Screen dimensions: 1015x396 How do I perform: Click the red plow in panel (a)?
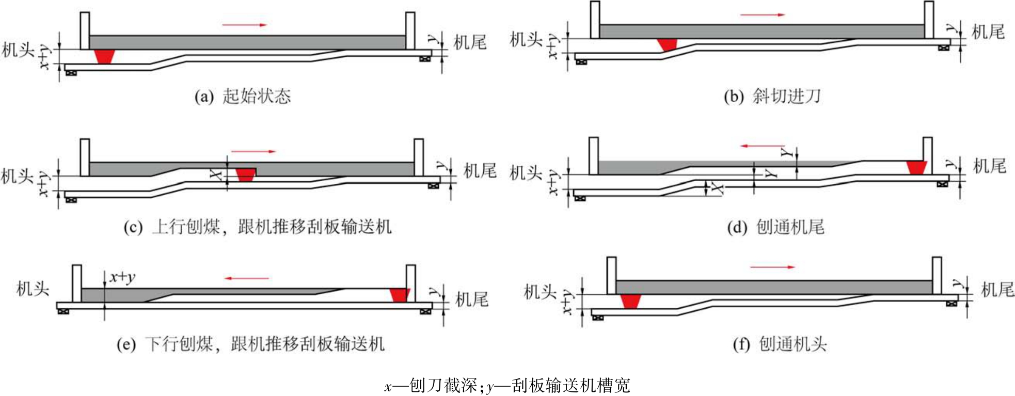click(105, 57)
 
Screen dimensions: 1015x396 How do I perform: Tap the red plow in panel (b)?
click(667, 45)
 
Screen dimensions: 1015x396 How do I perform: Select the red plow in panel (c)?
click(245, 174)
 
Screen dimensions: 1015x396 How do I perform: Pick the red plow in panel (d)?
click(917, 168)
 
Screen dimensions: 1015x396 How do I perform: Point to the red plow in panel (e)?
click(400, 295)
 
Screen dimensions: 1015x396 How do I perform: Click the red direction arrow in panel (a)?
click(245, 24)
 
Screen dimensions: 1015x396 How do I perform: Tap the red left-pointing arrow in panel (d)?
click(763, 146)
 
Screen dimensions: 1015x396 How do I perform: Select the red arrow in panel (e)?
click(247, 278)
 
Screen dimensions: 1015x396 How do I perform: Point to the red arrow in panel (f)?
click(773, 267)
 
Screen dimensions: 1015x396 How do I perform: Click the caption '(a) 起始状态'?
click(243, 96)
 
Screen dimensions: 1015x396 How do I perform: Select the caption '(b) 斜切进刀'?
click(772, 96)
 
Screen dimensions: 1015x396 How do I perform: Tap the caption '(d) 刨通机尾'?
click(775, 227)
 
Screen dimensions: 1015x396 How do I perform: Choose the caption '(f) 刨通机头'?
click(780, 344)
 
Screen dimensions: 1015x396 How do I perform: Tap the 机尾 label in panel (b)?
click(988, 32)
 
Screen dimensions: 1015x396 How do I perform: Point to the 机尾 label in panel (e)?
click(472, 299)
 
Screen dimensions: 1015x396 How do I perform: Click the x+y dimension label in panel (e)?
click(122, 277)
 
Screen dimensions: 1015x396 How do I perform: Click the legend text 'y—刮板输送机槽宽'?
click(558, 385)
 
